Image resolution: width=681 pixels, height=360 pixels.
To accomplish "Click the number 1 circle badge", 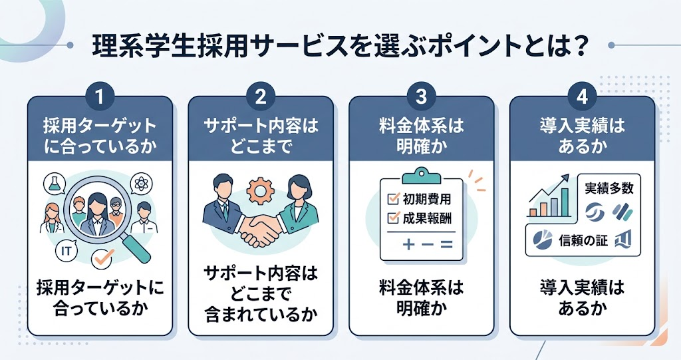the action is tap(100, 96).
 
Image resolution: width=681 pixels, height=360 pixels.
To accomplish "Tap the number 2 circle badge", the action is tap(260, 96).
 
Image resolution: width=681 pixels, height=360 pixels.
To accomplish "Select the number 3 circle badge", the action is tap(421, 96).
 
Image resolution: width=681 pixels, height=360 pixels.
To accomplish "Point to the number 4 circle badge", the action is tap(582, 96).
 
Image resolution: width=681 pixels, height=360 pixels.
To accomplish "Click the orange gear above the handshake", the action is tap(259, 190).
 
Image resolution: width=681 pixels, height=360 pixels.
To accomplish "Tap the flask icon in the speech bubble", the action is tap(55, 183).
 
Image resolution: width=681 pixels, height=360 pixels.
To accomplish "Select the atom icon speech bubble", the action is tap(142, 184).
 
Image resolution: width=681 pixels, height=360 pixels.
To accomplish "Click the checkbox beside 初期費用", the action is tap(393, 198).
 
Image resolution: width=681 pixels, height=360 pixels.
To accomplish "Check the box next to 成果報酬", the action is tap(393, 218).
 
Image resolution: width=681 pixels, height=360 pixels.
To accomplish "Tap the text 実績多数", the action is tap(609, 188).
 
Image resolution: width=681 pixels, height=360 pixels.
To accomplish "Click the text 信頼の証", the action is tap(583, 240).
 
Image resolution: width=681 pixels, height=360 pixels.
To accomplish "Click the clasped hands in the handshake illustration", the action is tap(259, 229).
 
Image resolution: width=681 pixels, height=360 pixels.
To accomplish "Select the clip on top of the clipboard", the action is tap(421, 175).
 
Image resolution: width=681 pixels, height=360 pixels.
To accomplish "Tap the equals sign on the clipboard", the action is tap(446, 245).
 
